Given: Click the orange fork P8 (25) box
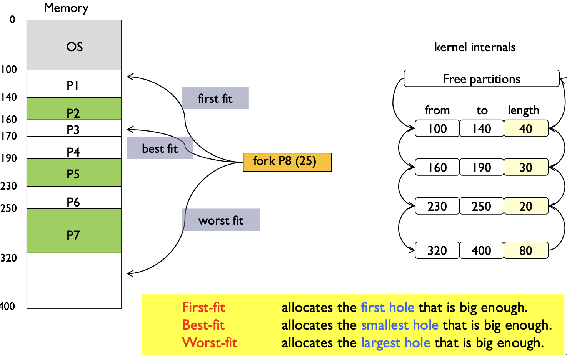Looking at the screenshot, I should tap(287, 162).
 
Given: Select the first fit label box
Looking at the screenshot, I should tap(215, 98).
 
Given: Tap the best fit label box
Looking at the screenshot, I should tap(160, 148).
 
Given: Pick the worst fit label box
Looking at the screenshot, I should tap(221, 220).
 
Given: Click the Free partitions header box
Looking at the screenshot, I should tap(481, 78).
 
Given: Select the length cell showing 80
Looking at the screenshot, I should tap(526, 250).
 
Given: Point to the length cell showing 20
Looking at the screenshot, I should tap(526, 206).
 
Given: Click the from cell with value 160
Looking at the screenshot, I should tap(437, 167).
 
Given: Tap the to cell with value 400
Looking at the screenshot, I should tap(482, 250).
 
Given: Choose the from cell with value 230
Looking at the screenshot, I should tap(437, 206).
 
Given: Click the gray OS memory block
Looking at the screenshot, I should tap(74, 45).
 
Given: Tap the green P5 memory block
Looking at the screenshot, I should tap(74, 173).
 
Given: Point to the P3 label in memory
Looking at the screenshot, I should tap(73, 130).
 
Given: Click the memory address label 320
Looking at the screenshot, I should tap(9, 258).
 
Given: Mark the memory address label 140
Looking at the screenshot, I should tap(9, 97).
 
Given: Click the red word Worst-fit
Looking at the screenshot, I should tap(210, 342).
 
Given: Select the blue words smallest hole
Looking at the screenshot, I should tap(400, 325).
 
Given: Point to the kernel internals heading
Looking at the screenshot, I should tap(475, 47).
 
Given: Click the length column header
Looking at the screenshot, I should tap(523, 110).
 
